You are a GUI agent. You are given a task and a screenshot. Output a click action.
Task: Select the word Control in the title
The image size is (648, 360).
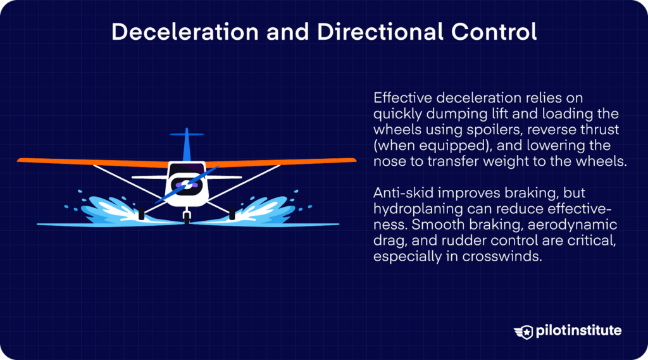[495, 32]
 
